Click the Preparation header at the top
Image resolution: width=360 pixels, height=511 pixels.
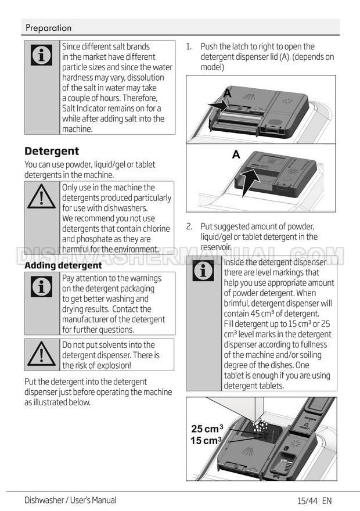49,28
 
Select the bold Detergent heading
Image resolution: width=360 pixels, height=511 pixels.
52,151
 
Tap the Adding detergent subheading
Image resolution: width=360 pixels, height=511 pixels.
63,265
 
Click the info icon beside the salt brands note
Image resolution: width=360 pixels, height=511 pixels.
41,55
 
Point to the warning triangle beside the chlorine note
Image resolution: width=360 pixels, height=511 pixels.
41,197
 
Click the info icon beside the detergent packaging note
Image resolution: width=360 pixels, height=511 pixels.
41,287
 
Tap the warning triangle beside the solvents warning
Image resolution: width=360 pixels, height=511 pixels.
41,354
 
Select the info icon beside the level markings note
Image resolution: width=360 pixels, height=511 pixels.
203,271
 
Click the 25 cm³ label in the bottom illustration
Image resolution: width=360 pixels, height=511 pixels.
207,429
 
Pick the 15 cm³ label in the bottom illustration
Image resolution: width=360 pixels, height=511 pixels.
206,441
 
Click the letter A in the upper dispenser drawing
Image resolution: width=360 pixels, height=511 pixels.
228,94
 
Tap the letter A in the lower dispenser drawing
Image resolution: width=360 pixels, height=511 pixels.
236,154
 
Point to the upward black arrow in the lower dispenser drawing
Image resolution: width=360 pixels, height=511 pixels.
250,182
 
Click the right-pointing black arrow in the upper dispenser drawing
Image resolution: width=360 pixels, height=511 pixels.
217,105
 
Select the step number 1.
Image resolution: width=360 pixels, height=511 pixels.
189,46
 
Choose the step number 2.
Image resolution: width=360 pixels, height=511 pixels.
189,226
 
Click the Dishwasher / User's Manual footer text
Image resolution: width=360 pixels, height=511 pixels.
70,500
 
